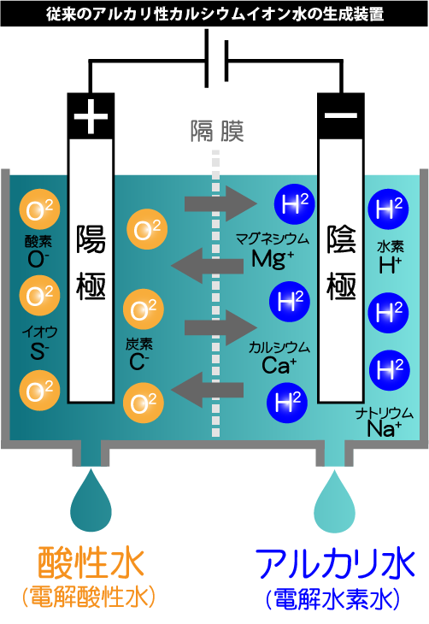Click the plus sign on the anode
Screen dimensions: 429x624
pyautogui.click(x=91, y=116)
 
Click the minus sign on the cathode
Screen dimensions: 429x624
pyautogui.click(x=341, y=115)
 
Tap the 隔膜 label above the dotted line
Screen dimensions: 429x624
pyautogui.click(x=217, y=131)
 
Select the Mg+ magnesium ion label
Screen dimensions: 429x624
pyautogui.click(x=273, y=259)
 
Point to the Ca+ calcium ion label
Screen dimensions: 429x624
pyautogui.click(x=279, y=365)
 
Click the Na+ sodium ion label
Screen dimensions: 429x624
pyautogui.click(x=384, y=428)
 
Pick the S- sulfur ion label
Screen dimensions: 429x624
pyautogui.click(x=39, y=350)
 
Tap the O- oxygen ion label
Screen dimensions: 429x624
pyautogui.click(x=38, y=259)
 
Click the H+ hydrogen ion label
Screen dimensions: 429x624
pyautogui.click(x=390, y=265)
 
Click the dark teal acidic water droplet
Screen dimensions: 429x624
pyautogui.click(x=91, y=500)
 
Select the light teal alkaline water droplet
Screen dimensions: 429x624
pyautogui.click(x=334, y=501)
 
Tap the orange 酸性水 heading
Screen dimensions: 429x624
pyautogui.click(x=91, y=562)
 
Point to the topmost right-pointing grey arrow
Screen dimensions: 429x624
pyautogui.click(x=220, y=203)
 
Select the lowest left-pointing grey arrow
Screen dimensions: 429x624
pyautogui.click(x=208, y=390)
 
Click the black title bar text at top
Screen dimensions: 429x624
pyautogui.click(x=214, y=14)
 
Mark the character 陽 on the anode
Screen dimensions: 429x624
pyautogui.click(x=91, y=239)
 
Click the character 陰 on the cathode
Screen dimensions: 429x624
pyautogui.click(x=341, y=239)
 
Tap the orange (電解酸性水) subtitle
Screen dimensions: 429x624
pyautogui.click(x=89, y=597)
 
